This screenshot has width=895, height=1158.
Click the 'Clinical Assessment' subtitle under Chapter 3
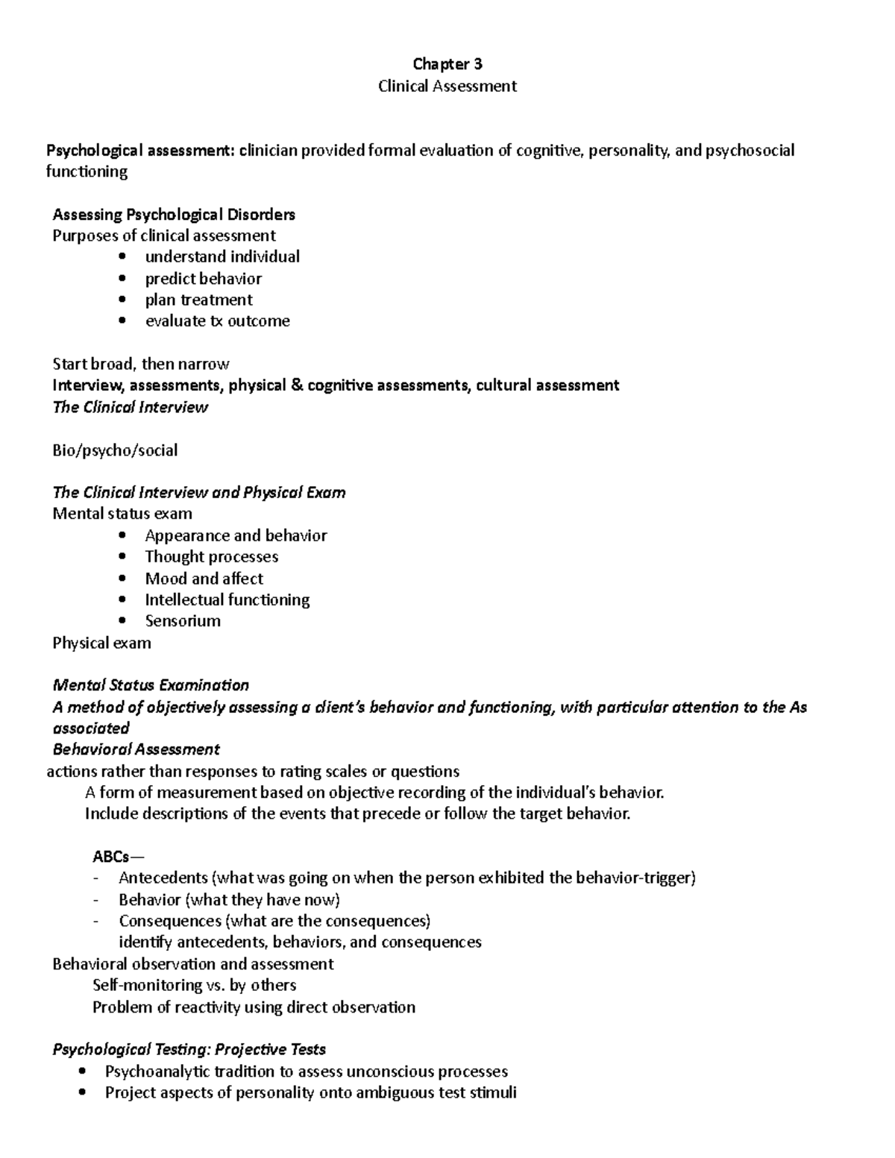447,86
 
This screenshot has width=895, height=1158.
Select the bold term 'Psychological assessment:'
140,151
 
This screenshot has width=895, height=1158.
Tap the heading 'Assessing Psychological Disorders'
174,215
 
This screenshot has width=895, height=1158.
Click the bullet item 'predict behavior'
203,279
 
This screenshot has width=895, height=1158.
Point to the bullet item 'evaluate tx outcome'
217,321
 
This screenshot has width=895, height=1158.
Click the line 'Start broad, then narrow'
140,364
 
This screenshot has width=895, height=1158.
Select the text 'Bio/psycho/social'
115,450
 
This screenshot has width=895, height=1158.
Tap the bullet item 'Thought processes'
211,557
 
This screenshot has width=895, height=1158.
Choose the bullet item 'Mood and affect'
204,579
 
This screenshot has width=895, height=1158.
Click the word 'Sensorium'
183,621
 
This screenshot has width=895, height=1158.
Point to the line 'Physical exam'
101,643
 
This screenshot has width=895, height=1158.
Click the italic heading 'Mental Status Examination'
151,685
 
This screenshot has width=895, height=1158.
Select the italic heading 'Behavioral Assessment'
136,749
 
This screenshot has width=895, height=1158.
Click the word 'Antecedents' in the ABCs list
163,878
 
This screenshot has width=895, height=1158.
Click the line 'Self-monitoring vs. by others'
194,986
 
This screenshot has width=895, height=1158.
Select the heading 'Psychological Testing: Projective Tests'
189,1050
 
